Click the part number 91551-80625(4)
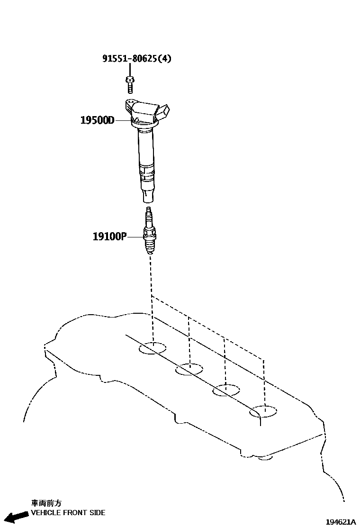tap(137, 59)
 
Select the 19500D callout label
tap(97, 120)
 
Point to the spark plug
tap(149, 232)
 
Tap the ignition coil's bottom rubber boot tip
tap(147, 195)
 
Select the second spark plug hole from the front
tap(189, 369)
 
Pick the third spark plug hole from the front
tap(226, 391)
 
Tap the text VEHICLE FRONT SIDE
tap(68, 513)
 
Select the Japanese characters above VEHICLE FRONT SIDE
tap(46, 503)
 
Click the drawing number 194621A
tap(340, 521)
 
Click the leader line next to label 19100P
tap(135, 236)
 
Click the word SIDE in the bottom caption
tap(97, 513)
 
